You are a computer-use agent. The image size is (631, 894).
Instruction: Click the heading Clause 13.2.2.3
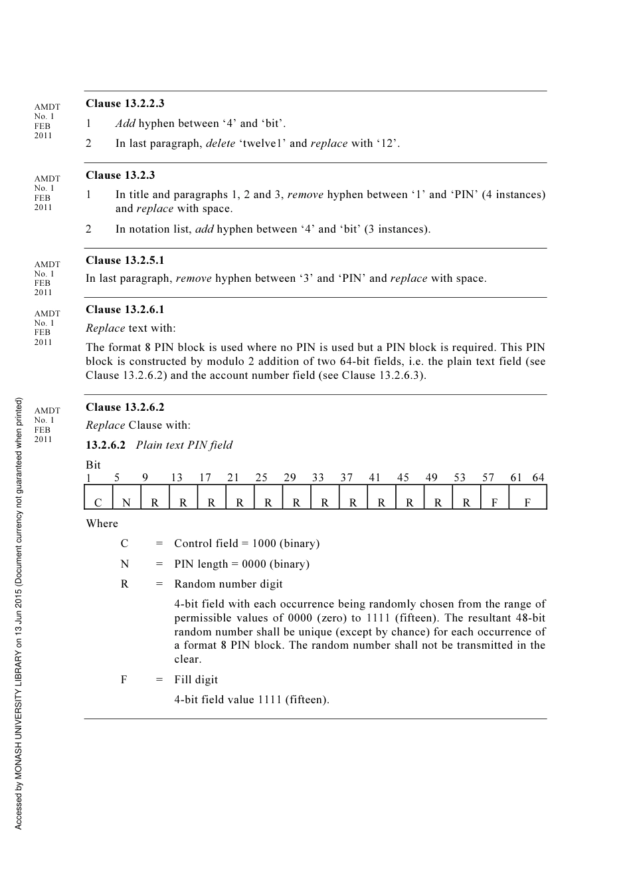coord(125,104)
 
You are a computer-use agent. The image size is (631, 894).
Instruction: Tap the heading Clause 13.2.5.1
coord(125,261)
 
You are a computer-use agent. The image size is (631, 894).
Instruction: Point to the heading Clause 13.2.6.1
coord(125,310)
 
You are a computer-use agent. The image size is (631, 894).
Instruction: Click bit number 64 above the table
coord(538,478)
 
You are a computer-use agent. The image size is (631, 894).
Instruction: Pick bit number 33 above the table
coord(318,478)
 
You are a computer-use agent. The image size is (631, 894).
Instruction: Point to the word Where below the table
coord(102,524)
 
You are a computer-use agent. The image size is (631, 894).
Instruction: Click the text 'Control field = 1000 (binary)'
coord(246,544)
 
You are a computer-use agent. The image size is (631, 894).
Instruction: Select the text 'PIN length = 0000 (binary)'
coord(242,564)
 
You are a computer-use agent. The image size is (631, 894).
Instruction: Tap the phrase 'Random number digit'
coord(228,584)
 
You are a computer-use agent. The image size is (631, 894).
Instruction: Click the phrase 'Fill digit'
coord(196,680)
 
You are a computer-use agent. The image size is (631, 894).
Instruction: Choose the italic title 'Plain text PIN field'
coord(184,445)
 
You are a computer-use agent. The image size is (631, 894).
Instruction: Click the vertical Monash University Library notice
coord(19,613)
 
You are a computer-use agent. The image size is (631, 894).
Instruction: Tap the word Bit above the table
coord(93,465)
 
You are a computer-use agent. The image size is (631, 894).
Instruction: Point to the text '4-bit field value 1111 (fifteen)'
coord(252,700)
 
